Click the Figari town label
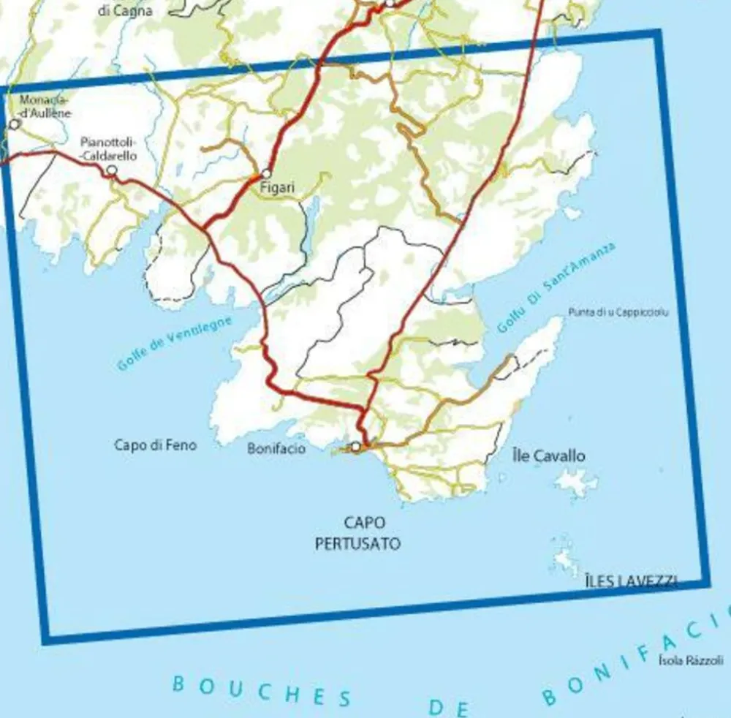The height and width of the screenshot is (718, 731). (x=278, y=188)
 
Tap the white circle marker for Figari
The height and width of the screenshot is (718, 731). (x=266, y=173)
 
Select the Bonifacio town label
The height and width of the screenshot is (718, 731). (x=276, y=448)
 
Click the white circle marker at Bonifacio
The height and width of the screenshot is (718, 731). (x=356, y=447)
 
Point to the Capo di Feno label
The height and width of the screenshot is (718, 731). (x=155, y=445)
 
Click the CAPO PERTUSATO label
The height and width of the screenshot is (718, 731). (x=357, y=533)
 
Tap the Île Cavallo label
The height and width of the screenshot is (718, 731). (x=549, y=456)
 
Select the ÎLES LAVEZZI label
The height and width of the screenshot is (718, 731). (x=632, y=581)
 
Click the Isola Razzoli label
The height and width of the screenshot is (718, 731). (x=690, y=660)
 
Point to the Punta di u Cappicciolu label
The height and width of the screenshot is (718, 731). (x=618, y=312)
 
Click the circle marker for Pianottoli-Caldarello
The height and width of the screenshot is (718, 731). (x=112, y=170)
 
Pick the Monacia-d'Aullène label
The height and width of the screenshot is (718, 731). (x=46, y=105)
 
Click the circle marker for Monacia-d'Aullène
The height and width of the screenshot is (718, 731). (x=14, y=124)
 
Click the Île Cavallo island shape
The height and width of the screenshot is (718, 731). (x=577, y=483)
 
